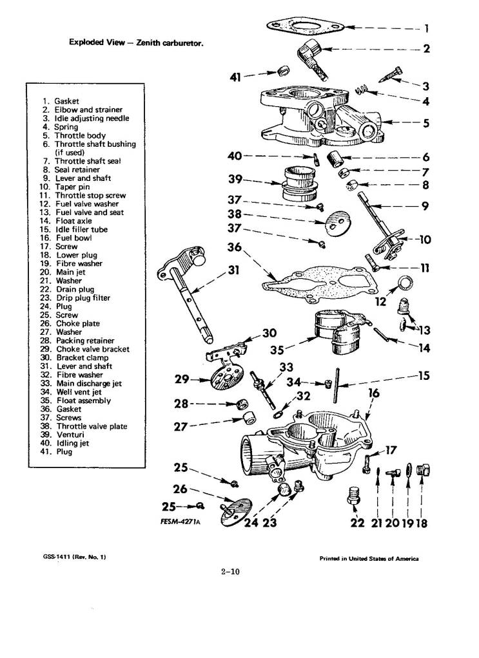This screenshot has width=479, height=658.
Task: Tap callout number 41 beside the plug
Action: pyautogui.click(x=236, y=77)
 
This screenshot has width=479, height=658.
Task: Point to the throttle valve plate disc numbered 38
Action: pyautogui.click(x=338, y=221)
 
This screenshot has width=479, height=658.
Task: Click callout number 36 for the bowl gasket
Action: pyautogui.click(x=235, y=247)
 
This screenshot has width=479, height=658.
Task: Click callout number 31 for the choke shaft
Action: pyautogui.click(x=233, y=270)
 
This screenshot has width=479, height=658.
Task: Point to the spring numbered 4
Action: pyautogui.click(x=362, y=89)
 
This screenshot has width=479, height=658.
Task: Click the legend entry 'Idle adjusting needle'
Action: pyautogui.click(x=92, y=118)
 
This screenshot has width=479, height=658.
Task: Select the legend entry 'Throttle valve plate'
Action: pyautogui.click(x=92, y=426)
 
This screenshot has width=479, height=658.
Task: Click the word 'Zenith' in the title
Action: pyautogui.click(x=148, y=42)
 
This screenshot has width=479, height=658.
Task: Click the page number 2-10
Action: pyautogui.click(x=230, y=571)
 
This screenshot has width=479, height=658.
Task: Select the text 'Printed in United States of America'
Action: pyautogui.click(x=369, y=559)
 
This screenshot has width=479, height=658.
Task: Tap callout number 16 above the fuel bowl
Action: pyautogui.click(x=373, y=393)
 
